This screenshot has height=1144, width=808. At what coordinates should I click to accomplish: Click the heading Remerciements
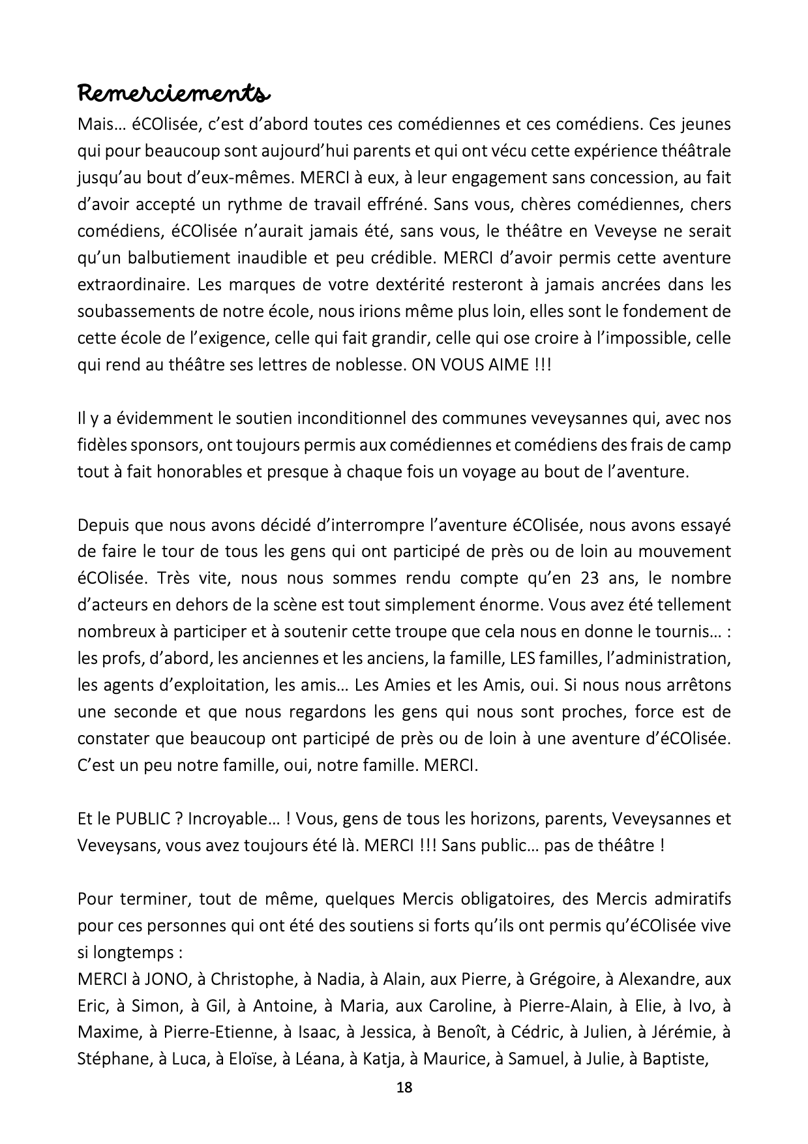[172, 93]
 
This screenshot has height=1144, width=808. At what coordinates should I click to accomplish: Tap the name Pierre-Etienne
[216, 1032]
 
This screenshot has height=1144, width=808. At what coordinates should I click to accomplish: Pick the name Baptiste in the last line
[674, 1059]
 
